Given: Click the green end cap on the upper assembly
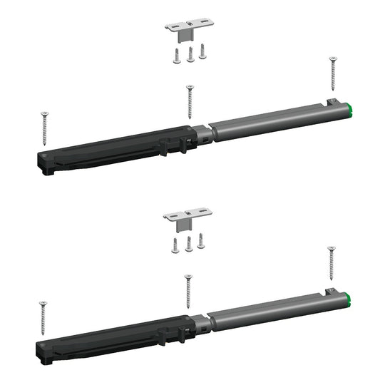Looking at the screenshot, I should pos(354,110).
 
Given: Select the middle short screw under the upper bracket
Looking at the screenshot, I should pos(190,56).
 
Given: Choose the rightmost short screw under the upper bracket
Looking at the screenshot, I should pos(202,51).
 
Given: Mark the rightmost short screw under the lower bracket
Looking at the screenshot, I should pos(202,240).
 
